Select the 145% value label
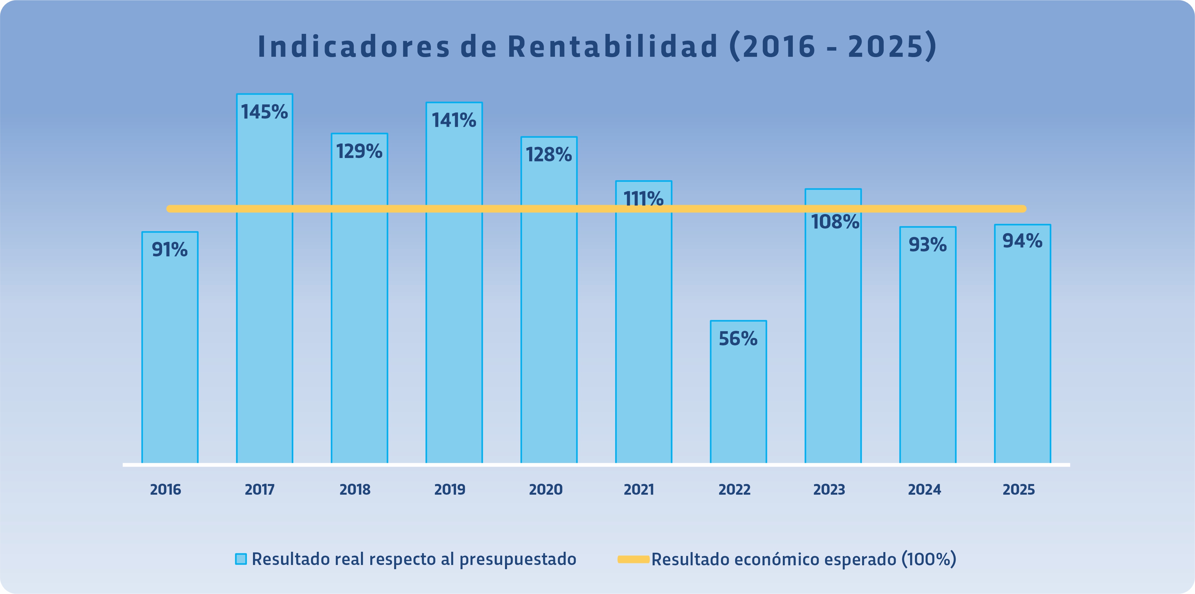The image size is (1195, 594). click(264, 112)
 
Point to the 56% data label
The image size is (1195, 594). click(738, 339)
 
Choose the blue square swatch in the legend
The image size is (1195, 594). click(241, 559)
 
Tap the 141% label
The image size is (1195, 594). click(454, 121)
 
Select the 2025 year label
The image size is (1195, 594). click(1019, 490)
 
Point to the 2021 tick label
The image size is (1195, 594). click(639, 490)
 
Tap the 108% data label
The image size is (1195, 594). click(835, 222)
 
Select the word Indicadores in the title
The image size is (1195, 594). click(354, 46)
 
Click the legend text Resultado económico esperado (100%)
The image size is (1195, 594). click(803, 559)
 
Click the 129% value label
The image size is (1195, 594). click(360, 151)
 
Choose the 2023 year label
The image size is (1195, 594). click(829, 490)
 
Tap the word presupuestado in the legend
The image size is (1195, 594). click(518, 559)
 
